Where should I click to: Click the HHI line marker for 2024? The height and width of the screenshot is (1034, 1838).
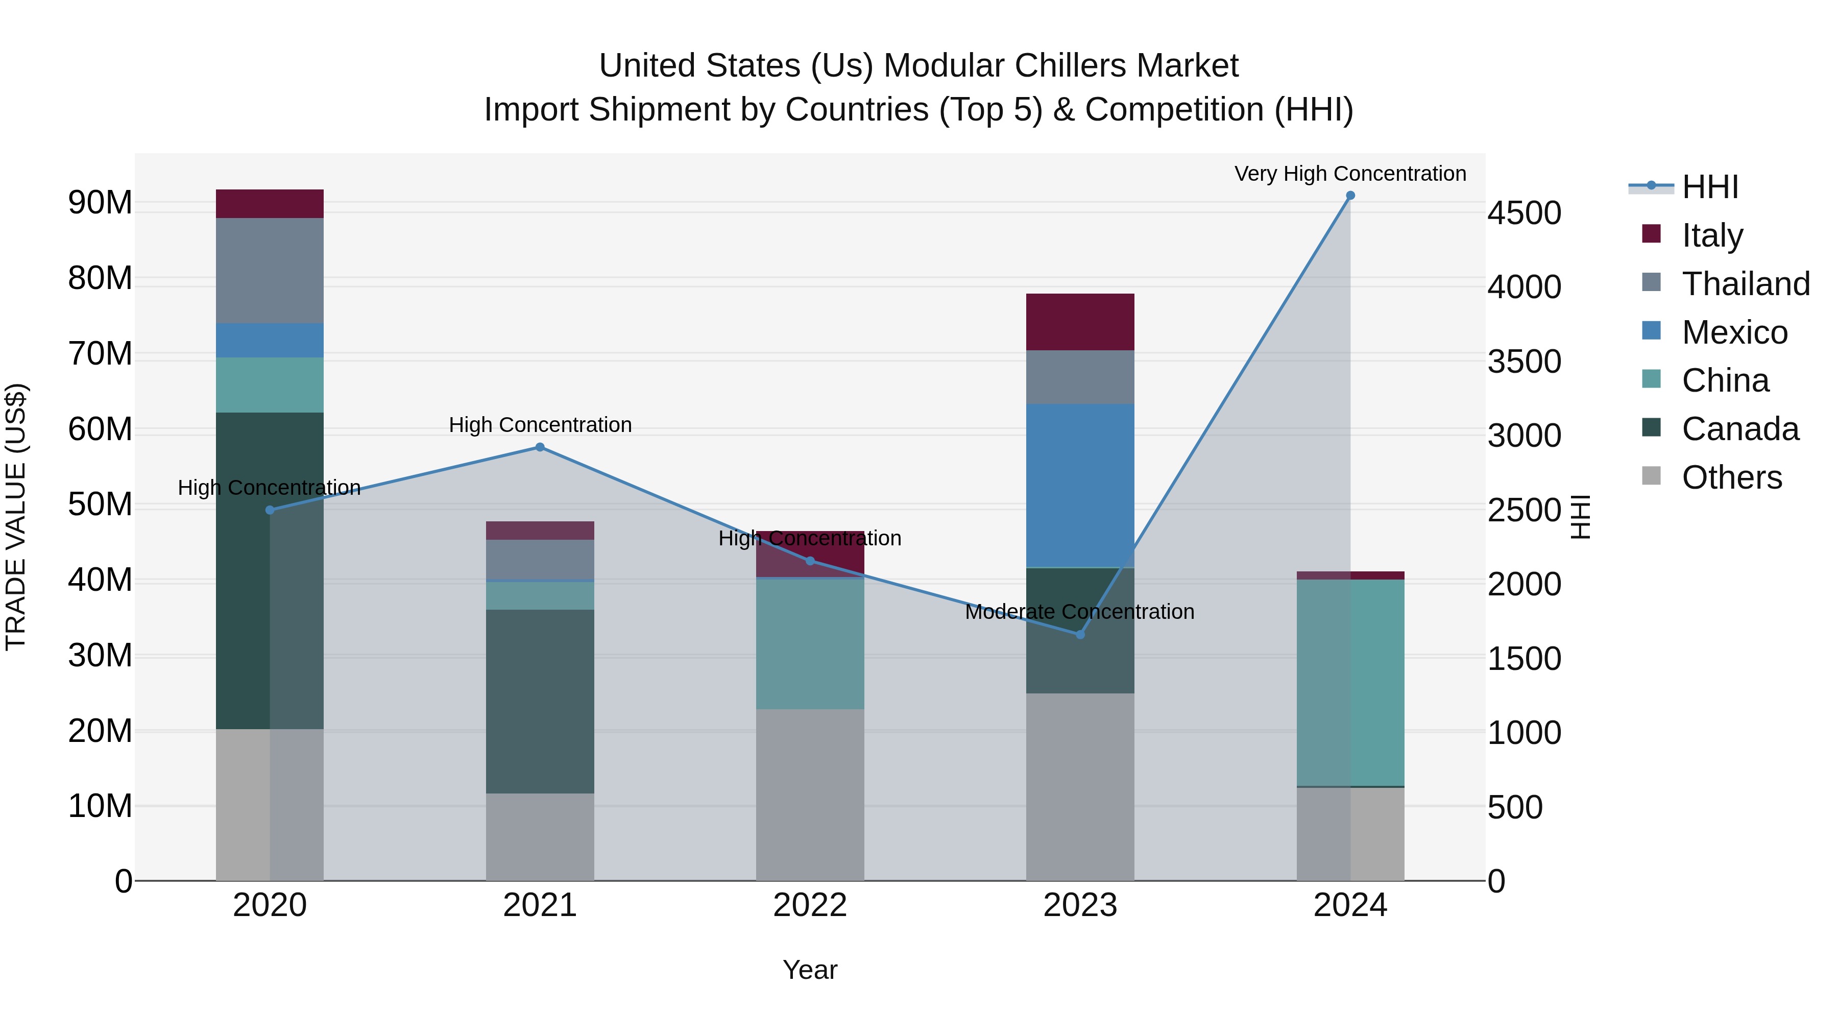coord(1350,196)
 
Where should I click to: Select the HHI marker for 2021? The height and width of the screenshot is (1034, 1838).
coord(540,447)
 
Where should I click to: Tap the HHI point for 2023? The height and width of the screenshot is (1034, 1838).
coord(1080,634)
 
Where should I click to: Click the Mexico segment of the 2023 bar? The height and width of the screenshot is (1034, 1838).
coord(1080,485)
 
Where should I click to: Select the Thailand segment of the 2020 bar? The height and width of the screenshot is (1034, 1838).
coord(270,271)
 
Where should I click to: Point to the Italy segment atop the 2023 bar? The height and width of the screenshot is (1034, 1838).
coord(1080,322)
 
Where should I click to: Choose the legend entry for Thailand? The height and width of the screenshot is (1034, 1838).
coord(1745,284)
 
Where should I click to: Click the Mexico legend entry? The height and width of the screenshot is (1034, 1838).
coord(1734,332)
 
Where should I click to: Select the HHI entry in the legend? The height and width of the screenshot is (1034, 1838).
coord(1709,187)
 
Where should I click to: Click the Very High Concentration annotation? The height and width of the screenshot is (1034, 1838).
coord(1350,174)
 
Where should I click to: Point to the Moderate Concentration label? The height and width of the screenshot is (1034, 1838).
coord(1079,612)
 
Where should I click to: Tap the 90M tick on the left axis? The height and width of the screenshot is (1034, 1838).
coord(100,203)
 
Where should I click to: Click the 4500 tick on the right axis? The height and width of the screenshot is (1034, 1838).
coord(1525,213)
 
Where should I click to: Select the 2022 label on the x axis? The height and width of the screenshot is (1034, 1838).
coord(810,905)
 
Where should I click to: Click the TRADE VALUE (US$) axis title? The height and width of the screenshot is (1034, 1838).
coord(16,517)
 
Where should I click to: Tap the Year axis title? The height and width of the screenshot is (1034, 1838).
coord(810,970)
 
